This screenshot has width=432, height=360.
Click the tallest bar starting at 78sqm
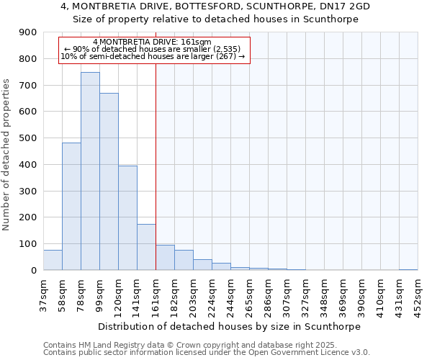coord(90,171)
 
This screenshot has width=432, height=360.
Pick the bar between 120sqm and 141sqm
coord(127,218)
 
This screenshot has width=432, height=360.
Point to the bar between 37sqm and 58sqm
coord(53,260)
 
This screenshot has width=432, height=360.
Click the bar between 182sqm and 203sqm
coord(184,260)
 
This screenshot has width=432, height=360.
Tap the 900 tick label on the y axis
coord(28,32)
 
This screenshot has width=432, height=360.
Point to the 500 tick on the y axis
coord(28,138)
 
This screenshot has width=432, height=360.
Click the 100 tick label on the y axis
coord(28,244)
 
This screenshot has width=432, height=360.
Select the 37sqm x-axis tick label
coord(43,292)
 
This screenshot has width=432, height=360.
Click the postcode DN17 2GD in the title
coord(346,6)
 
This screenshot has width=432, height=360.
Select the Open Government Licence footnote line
coord(207,352)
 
